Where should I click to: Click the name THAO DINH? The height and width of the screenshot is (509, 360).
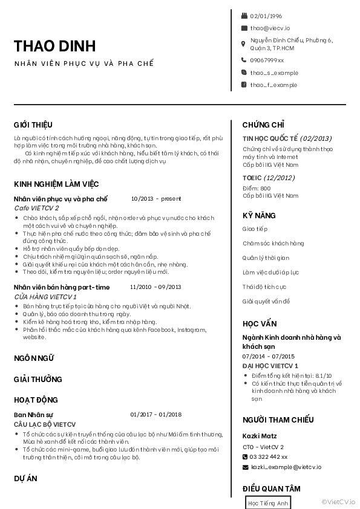click(x=54, y=46)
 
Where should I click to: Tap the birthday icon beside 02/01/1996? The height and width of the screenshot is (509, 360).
click(x=244, y=16)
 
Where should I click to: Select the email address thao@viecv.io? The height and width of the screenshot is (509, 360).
click(x=270, y=28)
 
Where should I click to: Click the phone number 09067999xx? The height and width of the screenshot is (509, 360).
click(x=267, y=60)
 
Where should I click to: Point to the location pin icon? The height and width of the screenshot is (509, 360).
click(x=244, y=44)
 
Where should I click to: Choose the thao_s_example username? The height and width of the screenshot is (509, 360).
click(x=274, y=73)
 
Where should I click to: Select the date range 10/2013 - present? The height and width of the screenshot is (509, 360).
click(x=155, y=198)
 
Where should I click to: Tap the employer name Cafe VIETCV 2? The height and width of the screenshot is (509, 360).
click(x=36, y=208)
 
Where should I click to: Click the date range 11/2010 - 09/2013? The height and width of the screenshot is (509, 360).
click(x=155, y=287)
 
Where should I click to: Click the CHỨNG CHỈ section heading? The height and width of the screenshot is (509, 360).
click(x=263, y=125)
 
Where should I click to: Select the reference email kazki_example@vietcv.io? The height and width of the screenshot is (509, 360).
click(x=286, y=467)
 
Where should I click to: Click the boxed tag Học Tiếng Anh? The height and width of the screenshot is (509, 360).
click(x=268, y=503)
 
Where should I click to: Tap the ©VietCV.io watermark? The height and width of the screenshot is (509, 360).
click(x=339, y=501)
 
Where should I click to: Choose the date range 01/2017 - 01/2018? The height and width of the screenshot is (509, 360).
click(x=155, y=415)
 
